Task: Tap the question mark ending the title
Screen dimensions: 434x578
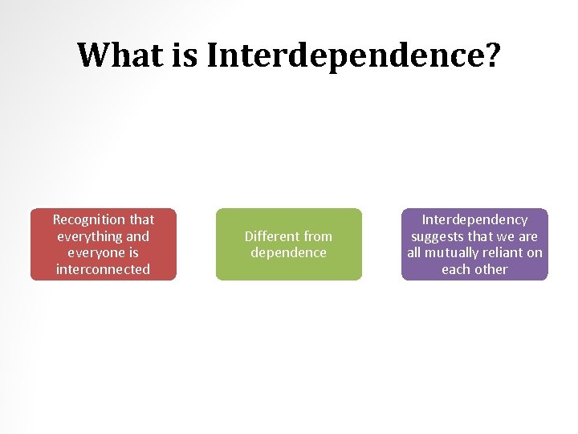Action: click(x=490, y=55)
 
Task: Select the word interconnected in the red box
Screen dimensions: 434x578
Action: click(x=103, y=269)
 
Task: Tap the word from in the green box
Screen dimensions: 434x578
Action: click(x=317, y=236)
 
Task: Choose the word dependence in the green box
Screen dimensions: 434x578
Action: click(x=289, y=252)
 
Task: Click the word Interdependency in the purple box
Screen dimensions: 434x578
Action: click(x=474, y=219)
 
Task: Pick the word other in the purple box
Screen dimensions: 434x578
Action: click(x=490, y=269)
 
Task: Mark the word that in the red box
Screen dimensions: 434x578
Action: click(x=142, y=219)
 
